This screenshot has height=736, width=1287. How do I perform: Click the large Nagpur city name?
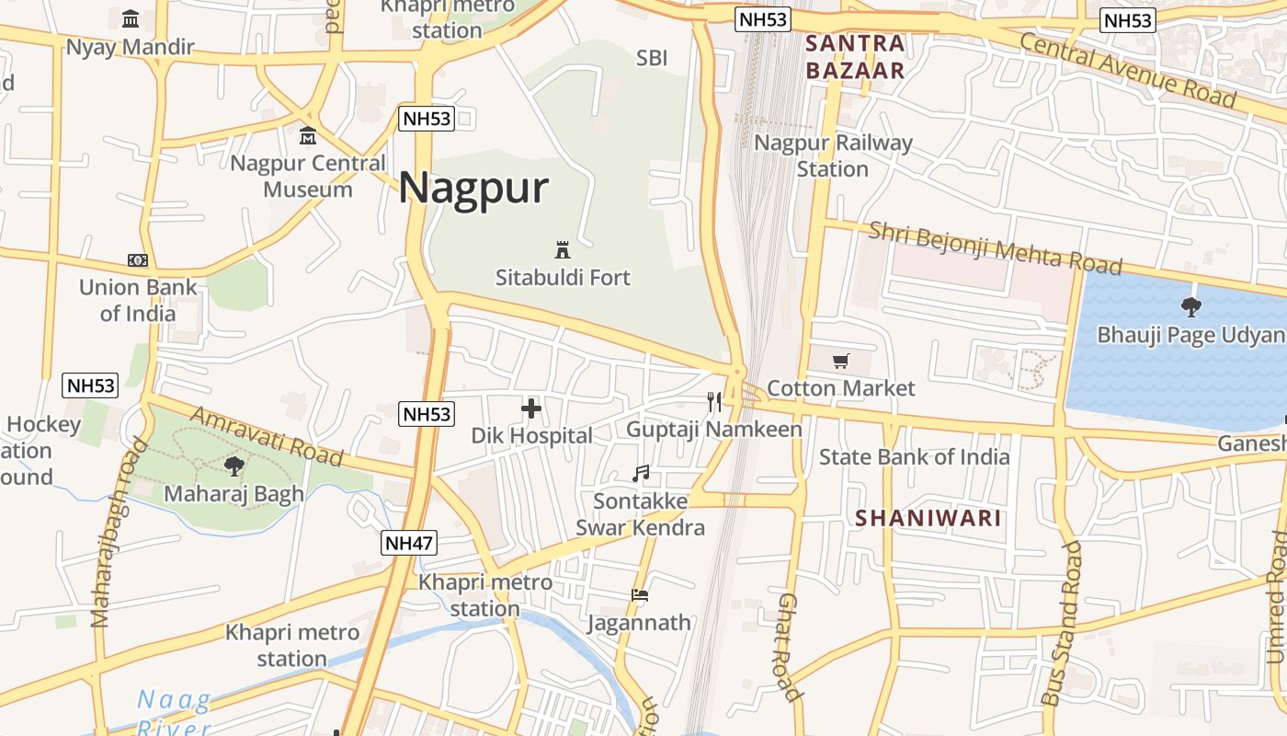[x=473, y=189]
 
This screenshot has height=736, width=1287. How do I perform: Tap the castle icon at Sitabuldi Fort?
[x=563, y=249]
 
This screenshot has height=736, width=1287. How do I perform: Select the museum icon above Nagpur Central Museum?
[x=308, y=136]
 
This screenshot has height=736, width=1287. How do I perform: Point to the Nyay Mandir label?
[x=130, y=47]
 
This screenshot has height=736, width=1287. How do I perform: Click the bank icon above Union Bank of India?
[x=138, y=260]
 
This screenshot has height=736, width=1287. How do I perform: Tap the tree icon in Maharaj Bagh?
[x=234, y=466]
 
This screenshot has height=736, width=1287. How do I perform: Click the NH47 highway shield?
[x=408, y=543]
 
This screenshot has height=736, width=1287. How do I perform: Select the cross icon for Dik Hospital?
[x=531, y=408]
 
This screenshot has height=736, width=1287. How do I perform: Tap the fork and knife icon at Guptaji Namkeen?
[x=713, y=401]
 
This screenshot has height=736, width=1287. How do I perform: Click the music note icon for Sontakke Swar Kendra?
[x=641, y=474]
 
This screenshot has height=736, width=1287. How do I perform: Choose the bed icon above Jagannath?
[x=640, y=595]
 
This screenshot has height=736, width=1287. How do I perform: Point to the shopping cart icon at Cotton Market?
[x=840, y=361]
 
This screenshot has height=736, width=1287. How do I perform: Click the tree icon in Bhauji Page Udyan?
[x=1191, y=307]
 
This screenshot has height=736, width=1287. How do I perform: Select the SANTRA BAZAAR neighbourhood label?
[x=855, y=57]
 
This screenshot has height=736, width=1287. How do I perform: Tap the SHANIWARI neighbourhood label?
[x=928, y=518]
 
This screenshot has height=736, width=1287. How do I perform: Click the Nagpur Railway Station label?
[x=833, y=155]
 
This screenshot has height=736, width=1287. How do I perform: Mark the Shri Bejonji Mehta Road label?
[x=996, y=247]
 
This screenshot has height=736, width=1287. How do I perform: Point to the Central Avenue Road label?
[x=1127, y=69]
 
